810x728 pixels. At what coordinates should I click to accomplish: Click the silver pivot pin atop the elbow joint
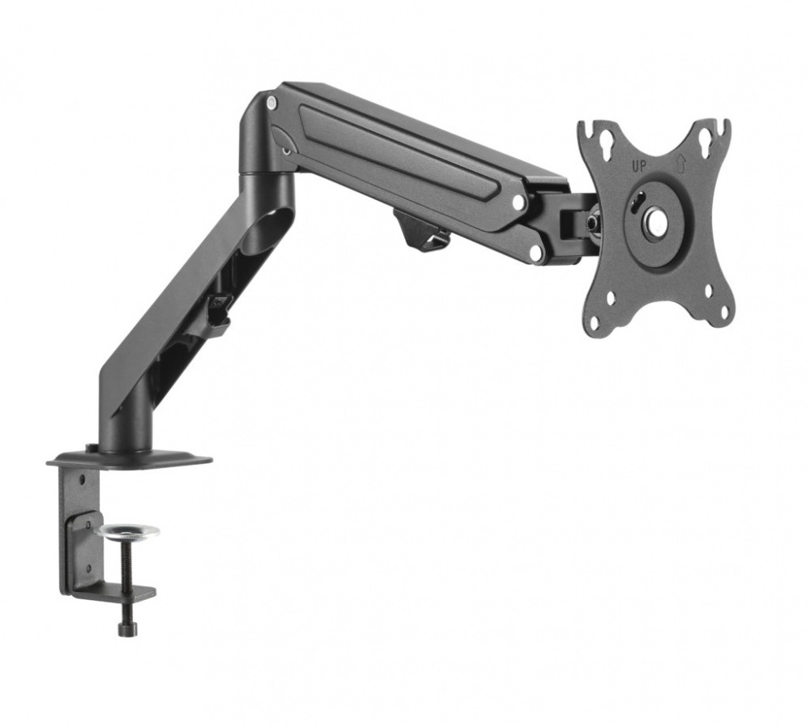point(271,103)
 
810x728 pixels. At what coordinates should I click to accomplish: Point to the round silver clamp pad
point(127,531)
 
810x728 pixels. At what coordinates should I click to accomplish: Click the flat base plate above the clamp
point(130,459)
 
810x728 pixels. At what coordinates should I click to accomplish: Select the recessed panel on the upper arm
point(405,154)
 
